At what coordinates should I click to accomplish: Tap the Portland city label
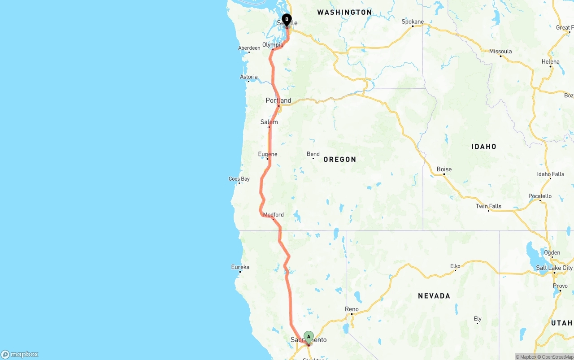[278, 100]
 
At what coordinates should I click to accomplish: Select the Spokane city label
[413, 22]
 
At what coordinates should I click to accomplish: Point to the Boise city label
[444, 169]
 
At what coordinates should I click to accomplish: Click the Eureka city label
[240, 267]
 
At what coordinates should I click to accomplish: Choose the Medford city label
[273, 215]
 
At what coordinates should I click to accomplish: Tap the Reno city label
[352, 309]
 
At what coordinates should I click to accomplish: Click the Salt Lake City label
[555, 268]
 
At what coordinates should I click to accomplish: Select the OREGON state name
[339, 159]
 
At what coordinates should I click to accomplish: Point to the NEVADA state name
[434, 296]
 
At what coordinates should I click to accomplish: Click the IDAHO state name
[484, 147]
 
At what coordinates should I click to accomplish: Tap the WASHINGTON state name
[344, 12]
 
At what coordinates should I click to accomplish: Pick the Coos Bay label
[239, 179]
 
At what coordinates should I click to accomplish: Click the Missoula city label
[500, 51]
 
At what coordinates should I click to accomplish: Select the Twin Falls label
[488, 206]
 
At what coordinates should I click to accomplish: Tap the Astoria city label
[248, 77]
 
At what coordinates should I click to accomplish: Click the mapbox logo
[20, 354]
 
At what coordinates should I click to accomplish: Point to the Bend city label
[313, 154]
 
